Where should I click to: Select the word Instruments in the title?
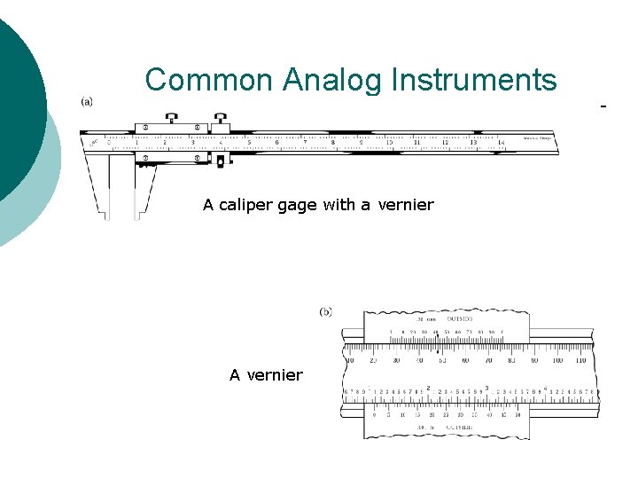coord(473,80)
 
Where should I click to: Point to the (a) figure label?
coord(87,101)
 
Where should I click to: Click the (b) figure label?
coord(326,311)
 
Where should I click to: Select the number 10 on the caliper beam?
coord(389,142)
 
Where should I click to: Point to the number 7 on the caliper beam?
coord(305,142)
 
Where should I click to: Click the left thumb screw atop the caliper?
coord(172,117)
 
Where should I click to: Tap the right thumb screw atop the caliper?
coord(219,117)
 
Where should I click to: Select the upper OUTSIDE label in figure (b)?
coord(459,318)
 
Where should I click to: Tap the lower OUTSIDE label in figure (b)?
coord(459,428)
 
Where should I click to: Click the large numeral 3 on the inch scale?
coord(486,388)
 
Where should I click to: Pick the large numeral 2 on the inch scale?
coord(429,388)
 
